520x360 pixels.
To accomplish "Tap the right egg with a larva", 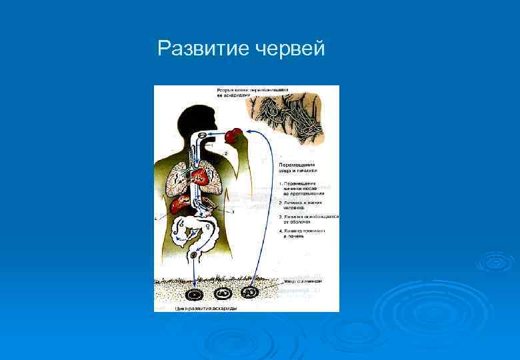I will [x=249, y=291].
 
